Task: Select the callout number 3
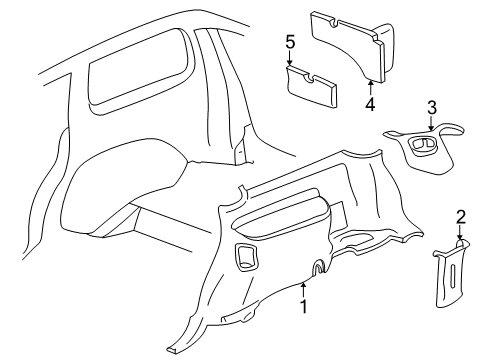pos(431,107)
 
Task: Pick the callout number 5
pos(290,42)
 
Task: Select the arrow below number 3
pos(431,124)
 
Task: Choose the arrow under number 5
pos(290,60)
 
